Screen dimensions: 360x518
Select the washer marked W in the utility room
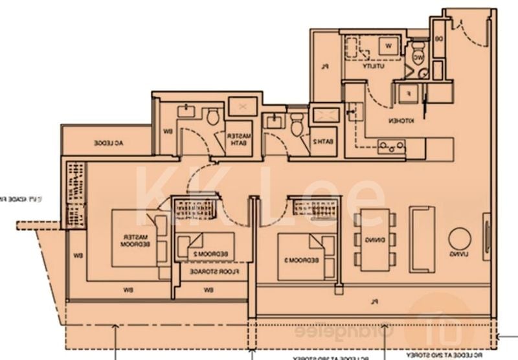click(388, 46)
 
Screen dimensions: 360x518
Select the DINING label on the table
click(375, 240)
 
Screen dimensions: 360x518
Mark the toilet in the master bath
click(212, 117)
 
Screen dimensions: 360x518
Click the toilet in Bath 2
click(297, 124)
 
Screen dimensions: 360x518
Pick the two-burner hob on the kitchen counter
click(391, 147)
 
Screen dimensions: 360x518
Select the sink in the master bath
click(186, 111)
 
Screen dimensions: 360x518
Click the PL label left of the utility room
click(328, 65)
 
